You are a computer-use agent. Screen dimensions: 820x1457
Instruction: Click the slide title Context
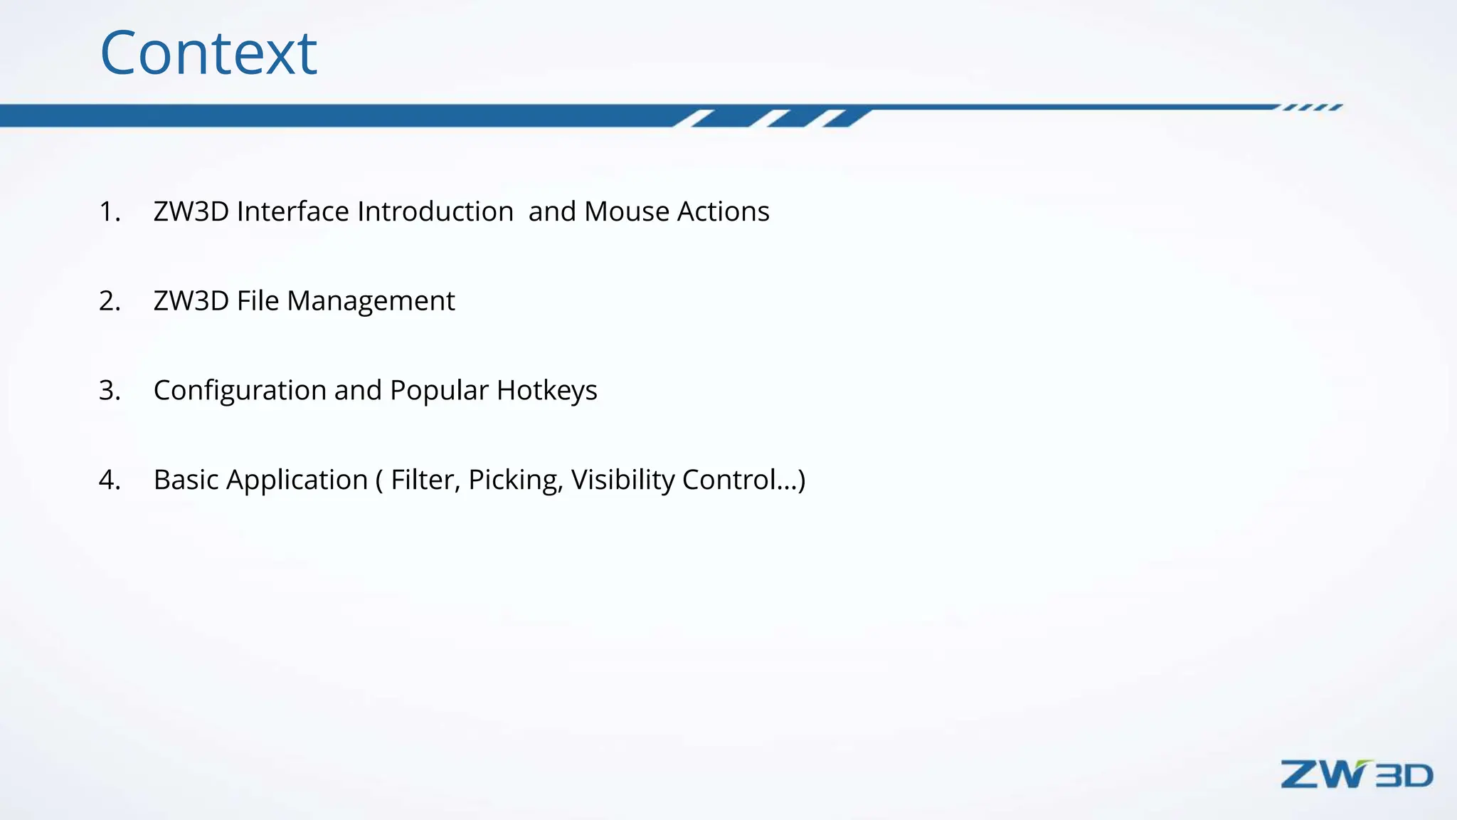click(208, 53)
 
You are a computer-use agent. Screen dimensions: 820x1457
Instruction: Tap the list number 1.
click(109, 211)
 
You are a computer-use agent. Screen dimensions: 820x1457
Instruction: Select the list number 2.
click(110, 301)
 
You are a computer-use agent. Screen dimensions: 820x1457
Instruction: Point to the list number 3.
click(110, 390)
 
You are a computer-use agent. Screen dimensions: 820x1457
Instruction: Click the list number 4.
click(110, 480)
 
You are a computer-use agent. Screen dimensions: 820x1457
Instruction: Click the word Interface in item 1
click(292, 211)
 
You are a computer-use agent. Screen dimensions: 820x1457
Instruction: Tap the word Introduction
click(435, 211)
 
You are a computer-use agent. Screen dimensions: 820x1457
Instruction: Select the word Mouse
click(627, 211)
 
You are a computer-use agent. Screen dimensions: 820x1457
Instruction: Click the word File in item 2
click(258, 301)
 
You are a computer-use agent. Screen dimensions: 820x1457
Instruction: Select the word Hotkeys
click(547, 391)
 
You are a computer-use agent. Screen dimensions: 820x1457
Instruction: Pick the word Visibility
click(622, 480)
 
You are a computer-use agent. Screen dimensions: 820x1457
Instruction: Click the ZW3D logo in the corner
click(1356, 774)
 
